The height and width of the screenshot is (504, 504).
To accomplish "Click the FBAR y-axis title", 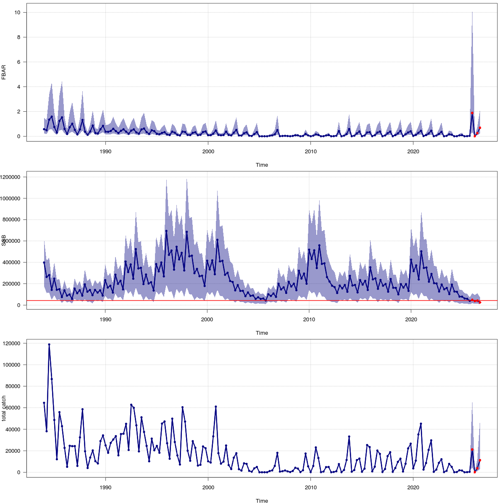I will pyautogui.click(x=4, y=72).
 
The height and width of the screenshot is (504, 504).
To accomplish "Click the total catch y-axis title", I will pyautogui.click(x=4, y=408).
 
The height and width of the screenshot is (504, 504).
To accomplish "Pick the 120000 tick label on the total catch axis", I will pyautogui.click(x=13, y=344).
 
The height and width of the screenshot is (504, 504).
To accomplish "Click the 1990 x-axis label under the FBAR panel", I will pyautogui.click(x=105, y=151).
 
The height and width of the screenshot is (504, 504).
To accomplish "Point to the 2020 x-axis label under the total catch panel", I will pyautogui.click(x=413, y=487).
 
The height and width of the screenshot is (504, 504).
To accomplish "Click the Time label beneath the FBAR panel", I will pyautogui.click(x=262, y=165).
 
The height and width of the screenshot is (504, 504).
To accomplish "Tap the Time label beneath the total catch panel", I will pyautogui.click(x=262, y=501).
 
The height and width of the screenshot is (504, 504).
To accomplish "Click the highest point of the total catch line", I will pyautogui.click(x=49, y=344).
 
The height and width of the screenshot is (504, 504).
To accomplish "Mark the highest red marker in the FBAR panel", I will pyautogui.click(x=472, y=113).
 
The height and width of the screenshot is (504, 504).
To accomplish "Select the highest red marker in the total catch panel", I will pyautogui.click(x=472, y=450).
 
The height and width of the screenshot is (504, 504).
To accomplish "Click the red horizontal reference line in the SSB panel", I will pyautogui.click(x=252, y=300).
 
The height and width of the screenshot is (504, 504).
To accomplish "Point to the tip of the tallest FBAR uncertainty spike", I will pyautogui.click(x=472, y=12).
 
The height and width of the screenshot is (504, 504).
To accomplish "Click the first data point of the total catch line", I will pyautogui.click(x=44, y=403).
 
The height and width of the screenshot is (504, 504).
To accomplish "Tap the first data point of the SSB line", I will pyautogui.click(x=44, y=262).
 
